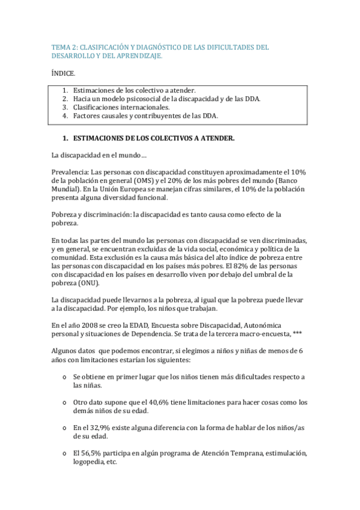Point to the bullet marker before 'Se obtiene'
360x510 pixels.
(x=64, y=377)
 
